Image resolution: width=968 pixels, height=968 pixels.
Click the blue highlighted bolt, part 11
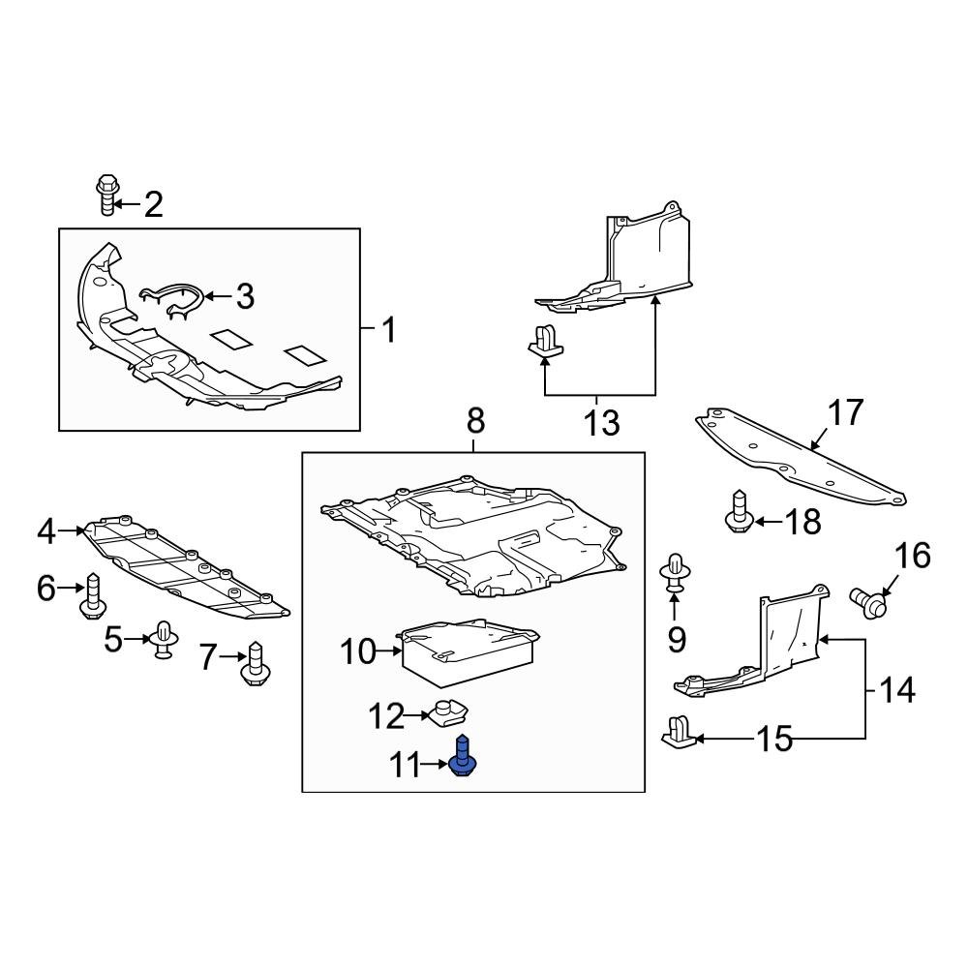pos(463,756)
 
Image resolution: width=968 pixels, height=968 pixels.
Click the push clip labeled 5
pos(164,639)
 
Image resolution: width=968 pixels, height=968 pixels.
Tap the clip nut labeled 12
pos(451,713)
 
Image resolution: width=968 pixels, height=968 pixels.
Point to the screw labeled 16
pos(870,601)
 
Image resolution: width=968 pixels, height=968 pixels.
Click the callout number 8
pos(475,421)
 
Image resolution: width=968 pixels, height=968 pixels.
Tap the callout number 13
pos(601,422)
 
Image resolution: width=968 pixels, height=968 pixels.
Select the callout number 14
pos(896,690)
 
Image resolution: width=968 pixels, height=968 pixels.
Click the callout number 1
pos(387,331)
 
